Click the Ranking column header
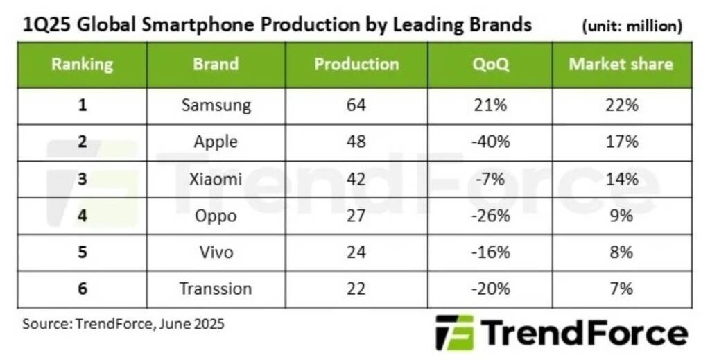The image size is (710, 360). [82, 65]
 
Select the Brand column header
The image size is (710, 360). [216, 65]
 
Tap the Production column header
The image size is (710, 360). [356, 65]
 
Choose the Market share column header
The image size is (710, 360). [621, 65]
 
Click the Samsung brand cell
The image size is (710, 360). [216, 106]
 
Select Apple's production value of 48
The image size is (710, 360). [356, 142]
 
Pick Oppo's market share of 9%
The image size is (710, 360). [621, 216]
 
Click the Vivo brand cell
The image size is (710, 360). [216, 252]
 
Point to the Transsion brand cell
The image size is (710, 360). [216, 289]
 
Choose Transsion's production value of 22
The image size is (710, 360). [356, 289]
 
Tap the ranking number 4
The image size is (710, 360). [82, 216]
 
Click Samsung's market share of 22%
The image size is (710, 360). [621, 106]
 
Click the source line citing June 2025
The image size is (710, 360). [123, 323]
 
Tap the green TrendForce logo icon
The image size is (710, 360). [454, 332]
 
